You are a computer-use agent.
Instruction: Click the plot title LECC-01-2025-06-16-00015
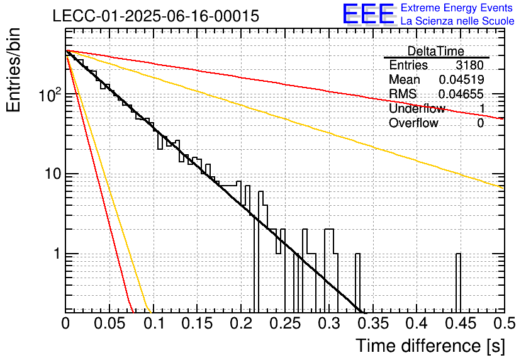click(x=156, y=16)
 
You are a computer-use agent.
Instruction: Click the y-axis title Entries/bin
click(x=13, y=70)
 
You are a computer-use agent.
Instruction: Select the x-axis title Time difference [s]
click(x=430, y=346)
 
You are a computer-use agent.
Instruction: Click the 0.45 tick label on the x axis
click(x=461, y=323)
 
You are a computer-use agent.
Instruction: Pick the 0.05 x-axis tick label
click(x=109, y=323)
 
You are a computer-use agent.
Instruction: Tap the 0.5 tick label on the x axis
click(x=504, y=323)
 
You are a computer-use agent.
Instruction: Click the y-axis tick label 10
click(x=53, y=174)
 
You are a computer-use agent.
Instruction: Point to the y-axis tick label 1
click(x=57, y=254)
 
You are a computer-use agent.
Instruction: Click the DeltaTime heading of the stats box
click(x=436, y=51)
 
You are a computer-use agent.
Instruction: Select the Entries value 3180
click(x=469, y=65)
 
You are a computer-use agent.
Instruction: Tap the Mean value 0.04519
click(x=462, y=79)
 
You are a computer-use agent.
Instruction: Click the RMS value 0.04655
click(x=461, y=94)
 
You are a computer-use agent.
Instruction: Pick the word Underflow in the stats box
click(x=417, y=108)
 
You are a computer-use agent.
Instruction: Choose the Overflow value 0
click(x=480, y=123)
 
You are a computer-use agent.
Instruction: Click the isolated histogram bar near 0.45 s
click(x=458, y=283)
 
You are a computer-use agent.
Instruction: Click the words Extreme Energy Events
click(x=457, y=8)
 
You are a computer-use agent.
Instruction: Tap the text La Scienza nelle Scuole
click(x=457, y=21)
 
